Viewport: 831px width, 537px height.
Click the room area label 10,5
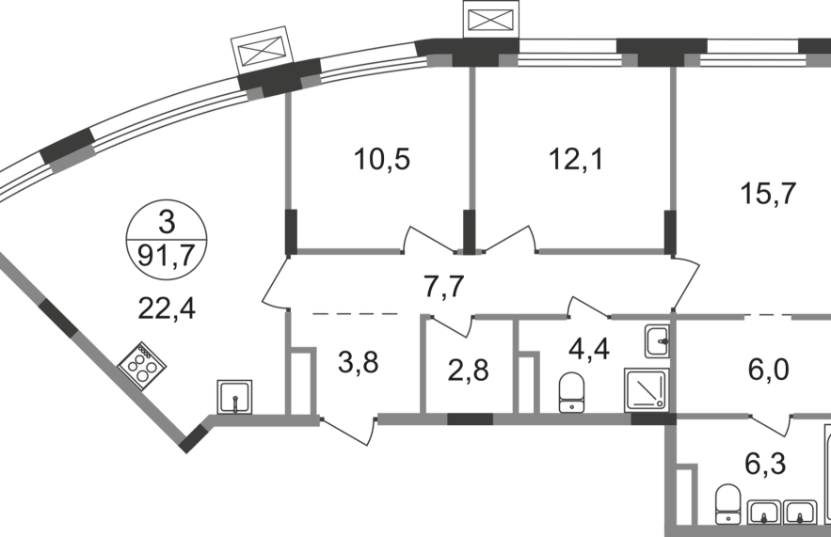tap(381, 159)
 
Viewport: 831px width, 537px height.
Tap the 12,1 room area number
tap(576, 159)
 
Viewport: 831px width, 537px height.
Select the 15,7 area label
tap(768, 194)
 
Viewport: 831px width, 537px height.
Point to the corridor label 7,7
tap(444, 288)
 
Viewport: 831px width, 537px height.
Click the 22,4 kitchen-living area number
tap(167, 308)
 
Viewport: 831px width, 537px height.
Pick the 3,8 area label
tap(359, 363)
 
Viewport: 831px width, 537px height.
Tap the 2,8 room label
tap(468, 371)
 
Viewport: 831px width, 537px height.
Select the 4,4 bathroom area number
tap(589, 349)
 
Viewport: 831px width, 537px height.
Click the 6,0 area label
tap(769, 369)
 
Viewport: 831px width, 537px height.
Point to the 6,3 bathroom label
tap(765, 465)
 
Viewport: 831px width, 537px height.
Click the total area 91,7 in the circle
tap(167, 257)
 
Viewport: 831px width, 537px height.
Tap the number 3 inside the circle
tap(167, 223)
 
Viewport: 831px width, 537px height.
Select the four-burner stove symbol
tap(142, 366)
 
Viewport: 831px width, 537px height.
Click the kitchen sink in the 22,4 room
tap(234, 397)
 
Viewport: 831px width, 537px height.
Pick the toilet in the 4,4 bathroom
tap(570, 392)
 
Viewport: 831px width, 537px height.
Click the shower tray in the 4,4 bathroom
tap(646, 389)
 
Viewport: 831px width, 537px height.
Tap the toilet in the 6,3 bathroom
tap(727, 504)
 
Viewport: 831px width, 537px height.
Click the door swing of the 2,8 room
tap(452, 326)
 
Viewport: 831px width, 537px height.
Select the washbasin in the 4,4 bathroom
tap(657, 341)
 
